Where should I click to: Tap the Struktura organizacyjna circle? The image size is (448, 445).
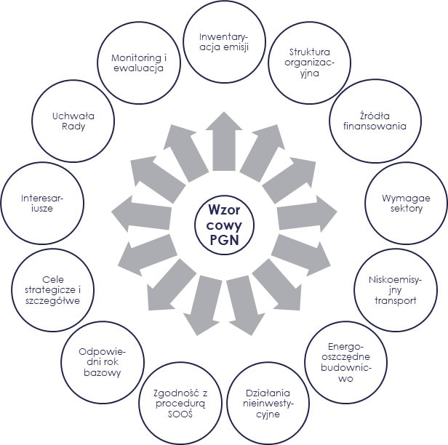coord(309,64)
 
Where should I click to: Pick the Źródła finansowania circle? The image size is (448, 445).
coord(374,119)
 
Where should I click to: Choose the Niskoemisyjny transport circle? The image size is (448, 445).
coord(393,290)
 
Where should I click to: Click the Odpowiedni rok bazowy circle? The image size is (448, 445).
coord(100,361)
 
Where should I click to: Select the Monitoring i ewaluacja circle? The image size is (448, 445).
coord(139,64)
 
